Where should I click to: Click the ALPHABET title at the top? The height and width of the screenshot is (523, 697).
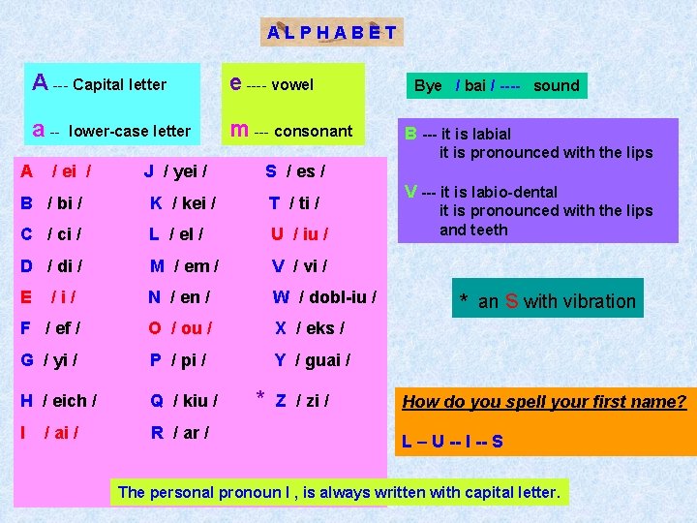[332, 32]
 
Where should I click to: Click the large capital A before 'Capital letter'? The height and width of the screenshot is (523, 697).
[41, 82]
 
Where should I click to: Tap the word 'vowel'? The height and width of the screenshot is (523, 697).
[292, 84]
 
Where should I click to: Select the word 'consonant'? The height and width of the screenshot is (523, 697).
[316, 131]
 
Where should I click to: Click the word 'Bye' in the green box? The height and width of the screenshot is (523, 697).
[428, 85]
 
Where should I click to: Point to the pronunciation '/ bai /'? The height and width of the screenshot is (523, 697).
[474, 85]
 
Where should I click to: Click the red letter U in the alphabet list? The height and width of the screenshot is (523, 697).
[277, 234]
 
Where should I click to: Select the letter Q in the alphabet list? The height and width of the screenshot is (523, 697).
[157, 400]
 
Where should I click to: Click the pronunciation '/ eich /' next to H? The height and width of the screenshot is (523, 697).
[75, 400]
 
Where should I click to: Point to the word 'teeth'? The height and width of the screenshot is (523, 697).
[488, 230]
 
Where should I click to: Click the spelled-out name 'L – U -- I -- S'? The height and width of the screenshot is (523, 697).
[452, 443]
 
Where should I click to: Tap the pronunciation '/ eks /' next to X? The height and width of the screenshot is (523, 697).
[320, 328]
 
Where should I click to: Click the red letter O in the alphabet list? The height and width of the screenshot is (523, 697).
[156, 328]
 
